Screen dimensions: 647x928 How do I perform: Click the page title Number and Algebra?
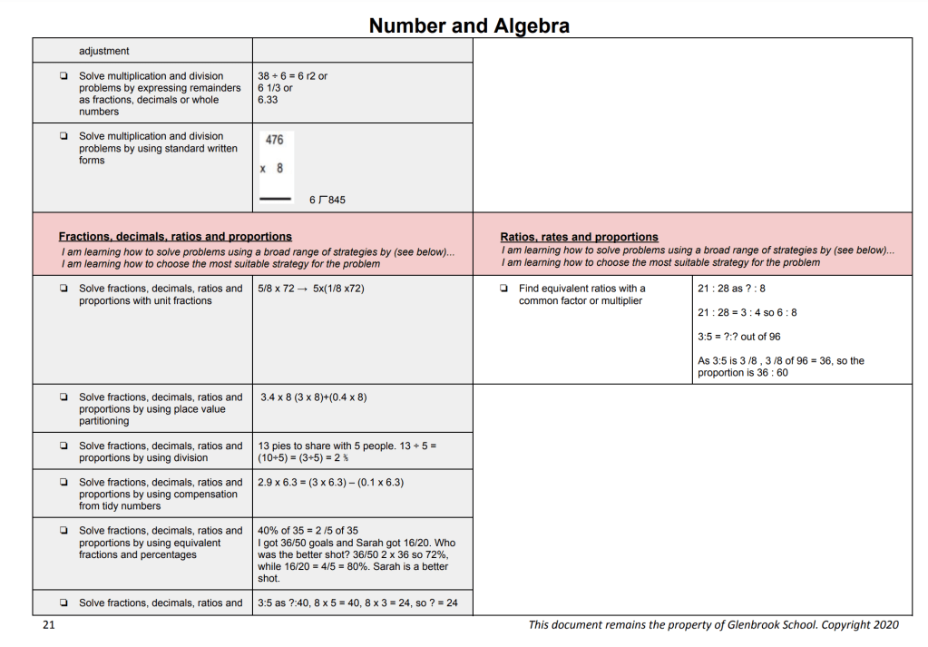469,25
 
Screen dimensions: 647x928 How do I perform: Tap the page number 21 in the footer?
48,625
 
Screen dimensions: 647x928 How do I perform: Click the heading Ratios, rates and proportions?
579,237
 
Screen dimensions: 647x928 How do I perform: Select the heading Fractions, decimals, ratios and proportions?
175,237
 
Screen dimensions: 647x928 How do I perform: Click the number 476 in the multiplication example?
274,140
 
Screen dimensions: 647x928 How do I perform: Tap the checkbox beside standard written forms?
63,137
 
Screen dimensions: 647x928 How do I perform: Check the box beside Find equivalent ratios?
503,289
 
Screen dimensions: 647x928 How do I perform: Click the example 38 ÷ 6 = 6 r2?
292,76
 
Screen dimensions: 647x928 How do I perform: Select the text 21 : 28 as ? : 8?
731,289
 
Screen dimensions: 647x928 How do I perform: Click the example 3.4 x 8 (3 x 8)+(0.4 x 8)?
313,397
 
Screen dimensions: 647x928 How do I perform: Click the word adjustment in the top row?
104,51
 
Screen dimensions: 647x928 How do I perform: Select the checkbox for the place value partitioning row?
63,397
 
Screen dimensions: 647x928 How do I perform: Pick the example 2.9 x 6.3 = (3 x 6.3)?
330,483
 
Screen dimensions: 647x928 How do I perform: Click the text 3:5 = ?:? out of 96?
738,337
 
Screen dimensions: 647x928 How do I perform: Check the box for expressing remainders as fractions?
63,76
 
